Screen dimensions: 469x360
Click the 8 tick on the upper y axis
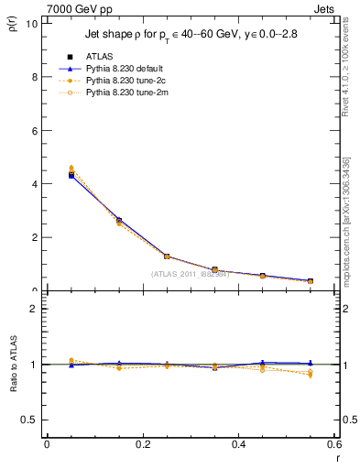click(x=36, y=77)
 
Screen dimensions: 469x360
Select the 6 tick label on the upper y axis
click(x=36, y=130)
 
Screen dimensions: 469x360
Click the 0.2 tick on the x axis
click(x=142, y=444)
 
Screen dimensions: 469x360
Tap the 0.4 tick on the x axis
click(x=239, y=444)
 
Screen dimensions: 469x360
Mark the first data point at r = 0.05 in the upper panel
click(x=71, y=174)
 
